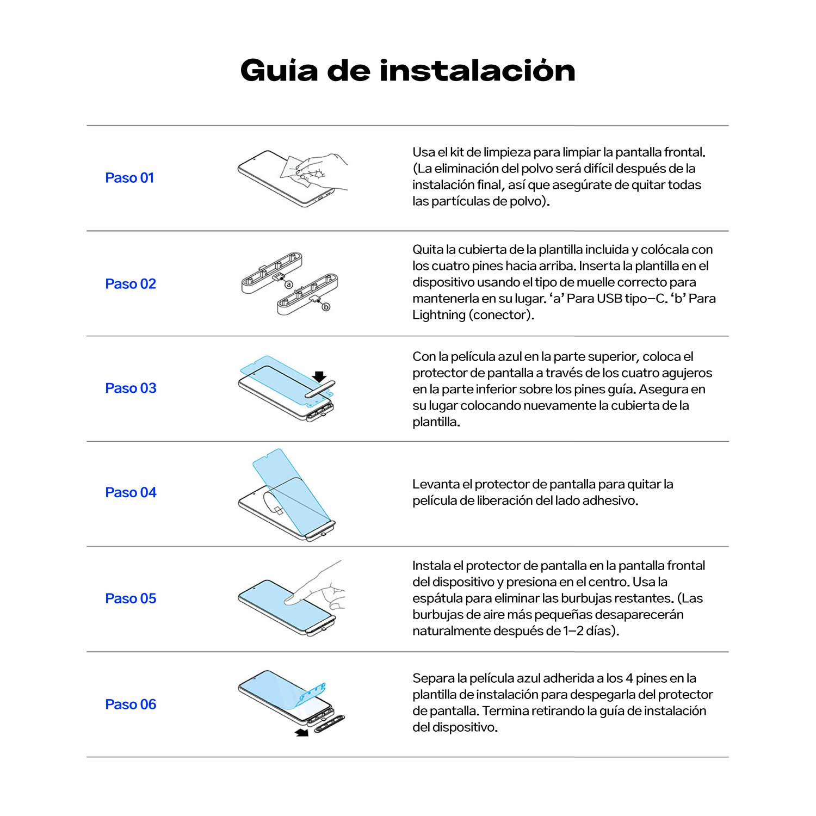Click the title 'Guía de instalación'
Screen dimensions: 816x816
click(407, 71)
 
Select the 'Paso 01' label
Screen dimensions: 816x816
click(129, 178)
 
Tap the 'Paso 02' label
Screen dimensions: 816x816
click(131, 284)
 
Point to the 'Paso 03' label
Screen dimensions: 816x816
click(131, 388)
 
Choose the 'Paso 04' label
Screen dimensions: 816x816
click(131, 492)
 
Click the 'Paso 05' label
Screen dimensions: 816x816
click(131, 598)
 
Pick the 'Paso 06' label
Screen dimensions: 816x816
click(131, 704)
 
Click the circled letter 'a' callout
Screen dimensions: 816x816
click(289, 285)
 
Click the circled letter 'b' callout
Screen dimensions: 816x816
click(326, 307)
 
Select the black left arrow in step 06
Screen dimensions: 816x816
click(301, 733)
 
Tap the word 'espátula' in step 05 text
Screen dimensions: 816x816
click(435, 598)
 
